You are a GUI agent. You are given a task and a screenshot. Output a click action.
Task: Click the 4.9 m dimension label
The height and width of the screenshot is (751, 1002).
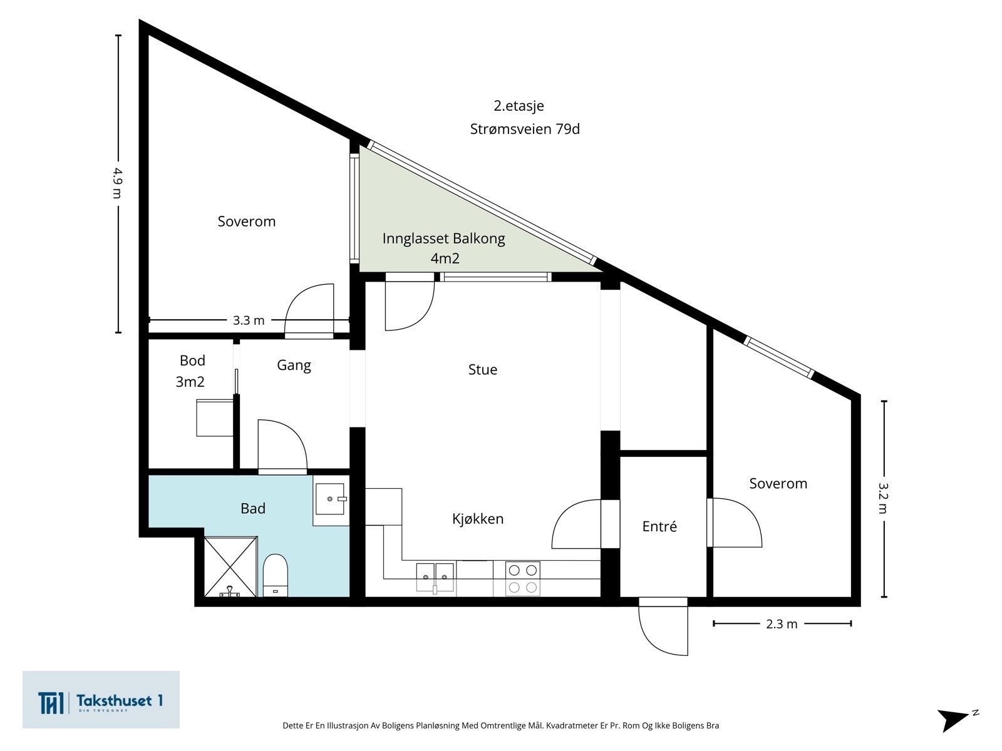(x=118, y=183)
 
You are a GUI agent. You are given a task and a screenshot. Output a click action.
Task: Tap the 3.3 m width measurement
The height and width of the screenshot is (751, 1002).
(x=249, y=320)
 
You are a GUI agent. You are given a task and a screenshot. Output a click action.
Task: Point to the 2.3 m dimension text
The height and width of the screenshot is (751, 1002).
(x=782, y=624)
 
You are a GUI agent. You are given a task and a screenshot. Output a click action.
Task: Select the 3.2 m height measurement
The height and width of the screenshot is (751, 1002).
(x=883, y=498)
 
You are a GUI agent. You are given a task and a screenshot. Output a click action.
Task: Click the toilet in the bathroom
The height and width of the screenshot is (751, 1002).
(x=276, y=575)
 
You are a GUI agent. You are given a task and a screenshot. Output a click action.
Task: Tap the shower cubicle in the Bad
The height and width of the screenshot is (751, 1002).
(x=230, y=567)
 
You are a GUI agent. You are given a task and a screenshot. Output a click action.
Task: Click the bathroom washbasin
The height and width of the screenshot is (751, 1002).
(x=329, y=499)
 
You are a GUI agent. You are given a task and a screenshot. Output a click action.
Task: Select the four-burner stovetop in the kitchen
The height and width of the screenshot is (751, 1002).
(x=523, y=579)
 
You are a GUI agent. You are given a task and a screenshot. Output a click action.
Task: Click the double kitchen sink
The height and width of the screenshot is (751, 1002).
(x=435, y=578)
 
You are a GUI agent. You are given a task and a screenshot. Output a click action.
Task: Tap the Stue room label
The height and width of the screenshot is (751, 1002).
(x=482, y=369)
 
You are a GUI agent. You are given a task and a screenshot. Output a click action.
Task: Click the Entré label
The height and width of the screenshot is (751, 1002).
(x=659, y=526)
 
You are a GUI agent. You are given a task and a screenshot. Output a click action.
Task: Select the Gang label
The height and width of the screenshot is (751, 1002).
(x=294, y=365)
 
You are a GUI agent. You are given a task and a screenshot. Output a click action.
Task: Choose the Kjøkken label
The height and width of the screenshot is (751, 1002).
(x=478, y=519)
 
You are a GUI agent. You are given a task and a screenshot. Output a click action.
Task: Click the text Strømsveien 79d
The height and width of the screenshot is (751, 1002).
(x=525, y=129)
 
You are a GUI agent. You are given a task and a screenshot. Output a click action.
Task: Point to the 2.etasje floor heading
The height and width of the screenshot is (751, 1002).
(x=519, y=106)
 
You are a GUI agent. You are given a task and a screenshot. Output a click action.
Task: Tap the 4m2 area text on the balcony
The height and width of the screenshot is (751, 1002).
(x=445, y=258)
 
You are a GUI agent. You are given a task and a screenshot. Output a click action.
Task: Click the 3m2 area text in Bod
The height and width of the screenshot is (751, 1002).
(x=190, y=382)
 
